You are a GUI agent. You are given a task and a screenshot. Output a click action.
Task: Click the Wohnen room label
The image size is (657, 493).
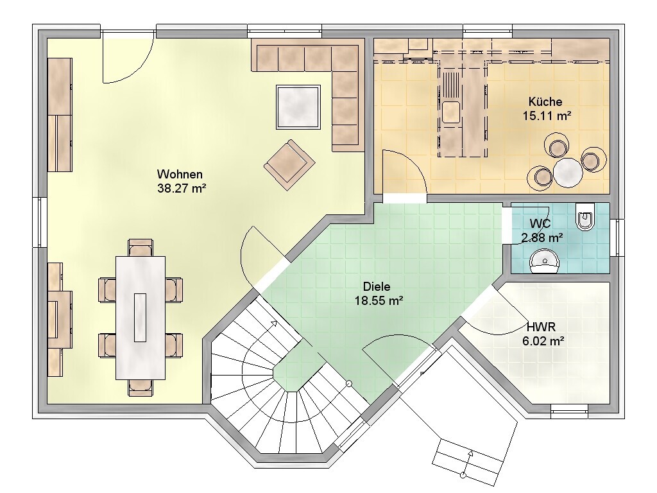tap(180, 174)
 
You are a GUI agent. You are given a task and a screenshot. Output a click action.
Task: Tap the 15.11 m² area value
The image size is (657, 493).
tap(547, 116)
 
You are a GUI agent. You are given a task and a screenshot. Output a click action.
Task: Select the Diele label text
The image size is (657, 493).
tap(376, 287)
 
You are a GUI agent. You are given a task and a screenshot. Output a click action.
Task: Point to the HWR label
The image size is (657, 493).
tap(541, 327)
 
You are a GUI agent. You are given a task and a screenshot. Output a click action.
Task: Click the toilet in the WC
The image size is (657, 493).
tap(585, 217)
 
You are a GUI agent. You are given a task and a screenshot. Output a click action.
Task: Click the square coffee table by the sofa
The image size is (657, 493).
tap(298, 107)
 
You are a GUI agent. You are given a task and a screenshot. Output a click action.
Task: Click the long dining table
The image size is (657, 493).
tap(141, 318)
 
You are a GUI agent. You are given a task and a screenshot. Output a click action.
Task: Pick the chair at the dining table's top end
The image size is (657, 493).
tap(141, 247)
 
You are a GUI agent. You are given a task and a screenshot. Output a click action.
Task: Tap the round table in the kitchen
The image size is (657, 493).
tap(568, 172)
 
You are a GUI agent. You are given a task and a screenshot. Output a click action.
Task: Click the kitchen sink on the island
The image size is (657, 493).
tap(450, 112)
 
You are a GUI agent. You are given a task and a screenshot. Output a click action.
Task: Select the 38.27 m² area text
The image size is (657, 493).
tap(182, 188)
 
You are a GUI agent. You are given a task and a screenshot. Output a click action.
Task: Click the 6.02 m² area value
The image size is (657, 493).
tap(543, 342)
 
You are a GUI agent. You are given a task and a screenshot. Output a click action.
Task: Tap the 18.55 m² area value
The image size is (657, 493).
tap(379, 300)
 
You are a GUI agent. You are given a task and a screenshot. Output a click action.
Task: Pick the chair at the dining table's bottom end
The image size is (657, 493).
tap(141, 388)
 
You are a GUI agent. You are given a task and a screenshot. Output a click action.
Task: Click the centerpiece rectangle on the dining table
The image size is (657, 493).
tap(140, 317)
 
